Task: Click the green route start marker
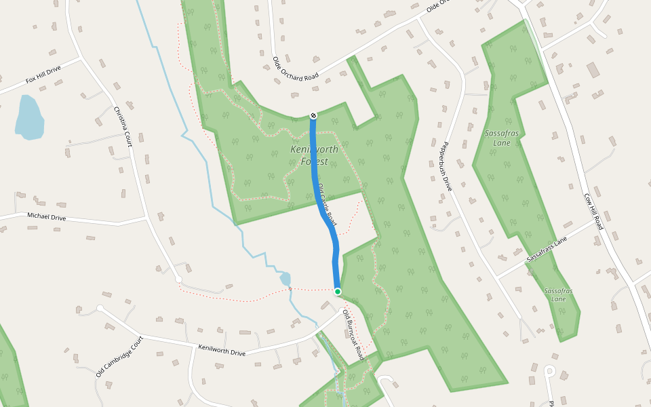tap(338, 292)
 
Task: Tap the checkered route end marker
tap(313, 115)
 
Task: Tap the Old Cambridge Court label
tap(119, 357)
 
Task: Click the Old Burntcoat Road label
tap(353, 335)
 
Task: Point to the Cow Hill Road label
tap(593, 211)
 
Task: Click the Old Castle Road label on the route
tap(326, 205)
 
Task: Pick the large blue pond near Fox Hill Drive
tap(28, 117)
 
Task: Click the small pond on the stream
tap(285, 279)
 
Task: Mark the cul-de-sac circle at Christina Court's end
tap(178, 279)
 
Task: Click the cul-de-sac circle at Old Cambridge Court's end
tap(100, 308)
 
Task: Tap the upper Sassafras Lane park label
tap(502, 138)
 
